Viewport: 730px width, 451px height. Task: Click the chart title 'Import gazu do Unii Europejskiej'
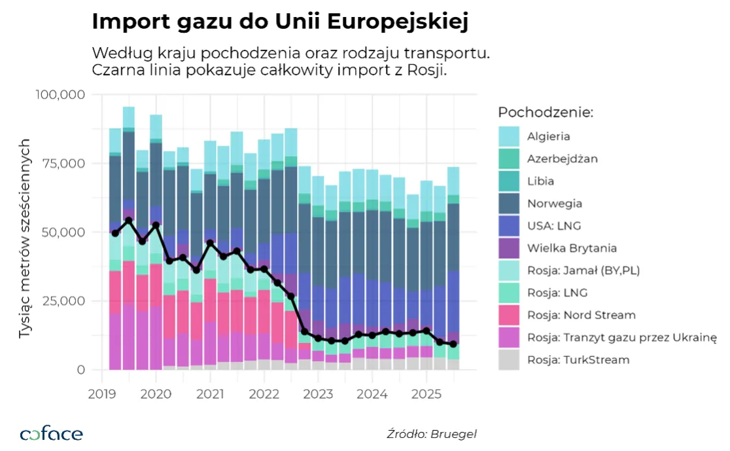pos(280,22)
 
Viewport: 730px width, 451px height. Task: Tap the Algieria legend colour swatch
pos(509,136)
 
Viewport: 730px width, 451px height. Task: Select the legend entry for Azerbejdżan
pos(562,158)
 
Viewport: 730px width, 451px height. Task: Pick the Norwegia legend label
pos(555,203)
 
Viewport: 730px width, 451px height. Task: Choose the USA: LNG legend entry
pos(553,226)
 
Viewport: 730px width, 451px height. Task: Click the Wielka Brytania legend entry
pos(572,248)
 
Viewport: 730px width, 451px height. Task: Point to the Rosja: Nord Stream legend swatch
pos(509,315)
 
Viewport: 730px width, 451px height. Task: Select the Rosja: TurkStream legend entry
pos(578,359)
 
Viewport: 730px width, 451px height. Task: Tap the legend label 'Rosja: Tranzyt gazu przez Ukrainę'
pos(622,337)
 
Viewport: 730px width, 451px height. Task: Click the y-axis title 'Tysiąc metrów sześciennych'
pos(25,238)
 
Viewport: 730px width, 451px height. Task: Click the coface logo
pos(52,433)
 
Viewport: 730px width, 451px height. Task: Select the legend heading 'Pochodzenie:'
pos(545,112)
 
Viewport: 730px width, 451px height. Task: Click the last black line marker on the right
pos(453,344)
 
